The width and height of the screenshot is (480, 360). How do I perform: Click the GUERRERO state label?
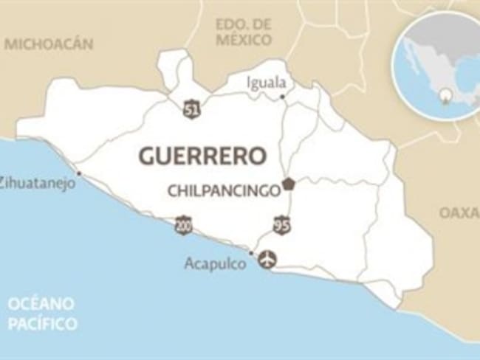coord(202,156)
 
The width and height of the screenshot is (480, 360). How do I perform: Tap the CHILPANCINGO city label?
coord(224,190)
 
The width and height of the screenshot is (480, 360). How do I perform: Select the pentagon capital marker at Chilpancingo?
coord(288,184)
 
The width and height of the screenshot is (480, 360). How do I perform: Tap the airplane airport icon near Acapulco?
coord(267,259)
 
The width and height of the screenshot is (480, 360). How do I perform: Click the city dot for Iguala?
coord(283,96)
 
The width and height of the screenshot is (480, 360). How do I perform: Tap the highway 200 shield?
coord(183,225)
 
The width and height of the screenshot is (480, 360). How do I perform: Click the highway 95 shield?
coord(281,226)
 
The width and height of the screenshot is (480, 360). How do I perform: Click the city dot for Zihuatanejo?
coord(78,175)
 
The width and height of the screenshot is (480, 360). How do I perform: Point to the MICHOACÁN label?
coord(49,44)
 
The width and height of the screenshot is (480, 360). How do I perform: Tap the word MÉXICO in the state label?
coord(244,40)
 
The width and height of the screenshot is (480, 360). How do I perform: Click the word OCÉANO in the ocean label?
coord(42,304)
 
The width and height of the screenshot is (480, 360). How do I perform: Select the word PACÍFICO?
coord(42,322)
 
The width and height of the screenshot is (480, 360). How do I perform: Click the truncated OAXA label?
coord(459,212)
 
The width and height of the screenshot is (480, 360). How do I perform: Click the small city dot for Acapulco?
coord(251,253)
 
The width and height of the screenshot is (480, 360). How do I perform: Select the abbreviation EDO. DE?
coord(244,24)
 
